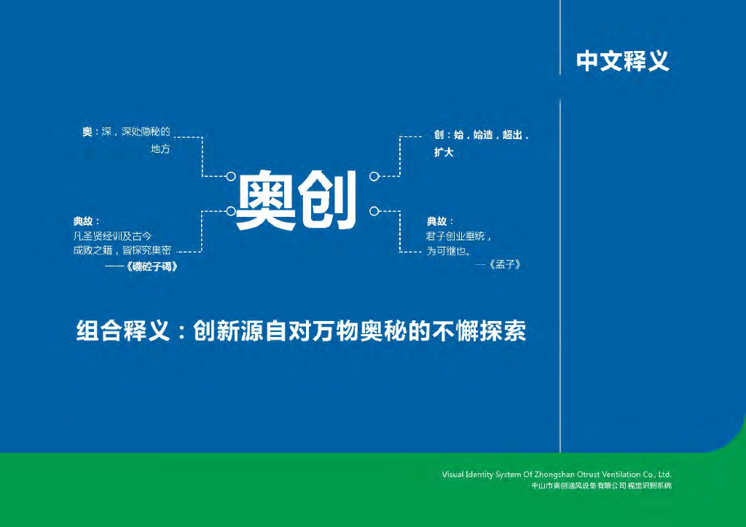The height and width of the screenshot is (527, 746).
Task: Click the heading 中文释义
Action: [623, 61]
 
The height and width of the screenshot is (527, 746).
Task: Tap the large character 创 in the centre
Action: [327, 200]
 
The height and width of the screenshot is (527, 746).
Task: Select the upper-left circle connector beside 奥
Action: [231, 176]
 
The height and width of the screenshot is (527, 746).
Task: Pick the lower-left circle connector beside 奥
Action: [231, 211]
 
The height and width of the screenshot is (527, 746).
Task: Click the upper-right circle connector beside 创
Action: [374, 176]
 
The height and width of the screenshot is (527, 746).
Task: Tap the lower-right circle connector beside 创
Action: [374, 211]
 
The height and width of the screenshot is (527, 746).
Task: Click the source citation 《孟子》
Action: [505, 264]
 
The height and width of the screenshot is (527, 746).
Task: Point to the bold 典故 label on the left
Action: [83, 221]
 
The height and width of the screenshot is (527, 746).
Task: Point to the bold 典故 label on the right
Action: [437, 221]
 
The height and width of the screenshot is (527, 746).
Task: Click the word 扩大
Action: [444, 152]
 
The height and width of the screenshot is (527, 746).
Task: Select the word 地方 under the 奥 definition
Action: [160, 148]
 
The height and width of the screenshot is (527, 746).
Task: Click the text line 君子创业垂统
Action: [455, 236]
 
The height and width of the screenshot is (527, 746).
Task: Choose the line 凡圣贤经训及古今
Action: [113, 236]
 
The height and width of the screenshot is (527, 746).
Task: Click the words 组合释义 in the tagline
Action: [122, 330]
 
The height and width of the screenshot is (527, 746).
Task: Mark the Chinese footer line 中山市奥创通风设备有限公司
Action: [578, 486]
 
